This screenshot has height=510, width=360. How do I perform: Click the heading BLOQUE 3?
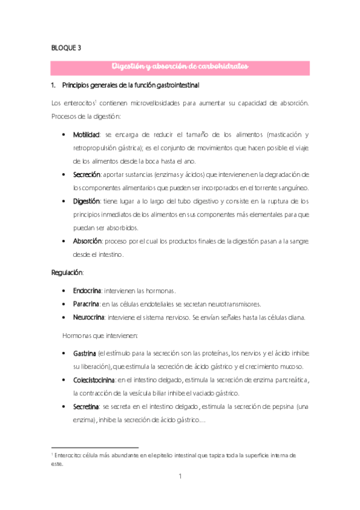coord(66,49)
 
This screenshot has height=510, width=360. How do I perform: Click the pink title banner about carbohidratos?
coord(180,67)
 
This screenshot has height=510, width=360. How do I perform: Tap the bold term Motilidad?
coord(85,134)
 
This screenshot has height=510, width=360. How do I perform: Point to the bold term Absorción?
coord(87,241)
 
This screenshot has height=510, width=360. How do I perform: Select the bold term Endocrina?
coord(87,290)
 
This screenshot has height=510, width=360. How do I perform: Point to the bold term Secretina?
coord(85,407)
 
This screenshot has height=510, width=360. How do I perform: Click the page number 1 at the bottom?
coord(180,477)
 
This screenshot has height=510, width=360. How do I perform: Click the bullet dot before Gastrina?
coord(64,352)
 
